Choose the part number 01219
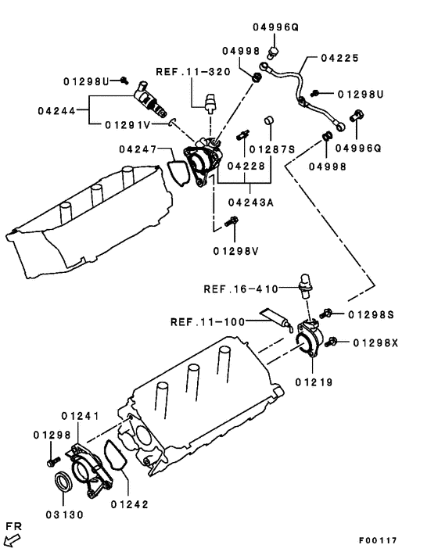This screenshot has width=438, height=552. pos(314,382)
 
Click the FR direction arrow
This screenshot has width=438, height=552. pos(13,539)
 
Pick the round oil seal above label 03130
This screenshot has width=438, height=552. pos(63,481)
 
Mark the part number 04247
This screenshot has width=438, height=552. pos(139,149)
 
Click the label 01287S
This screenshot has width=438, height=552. pos(278,148)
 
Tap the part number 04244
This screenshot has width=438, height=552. pos(56,110)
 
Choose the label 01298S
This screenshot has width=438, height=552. pos(371,314)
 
